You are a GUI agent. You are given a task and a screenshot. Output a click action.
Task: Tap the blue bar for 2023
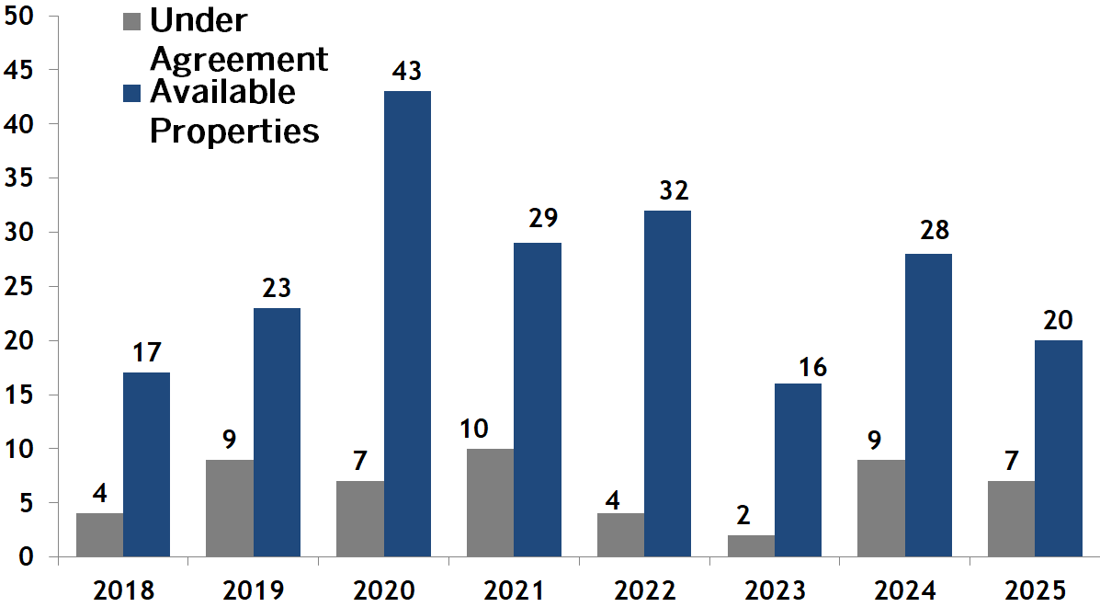tap(798, 470)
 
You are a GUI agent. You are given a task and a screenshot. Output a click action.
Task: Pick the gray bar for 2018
tap(99, 535)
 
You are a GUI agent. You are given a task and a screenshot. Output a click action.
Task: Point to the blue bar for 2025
tap(1058, 449)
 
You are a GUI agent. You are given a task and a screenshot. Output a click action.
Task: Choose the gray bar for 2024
tap(881, 509)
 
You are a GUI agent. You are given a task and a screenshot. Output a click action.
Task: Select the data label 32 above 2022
tap(674, 191)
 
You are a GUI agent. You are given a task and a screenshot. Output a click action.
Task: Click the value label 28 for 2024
tap(934, 230)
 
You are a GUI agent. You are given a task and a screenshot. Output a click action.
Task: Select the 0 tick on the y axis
tap(27, 557)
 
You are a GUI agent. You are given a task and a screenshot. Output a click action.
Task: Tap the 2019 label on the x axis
tap(254, 589)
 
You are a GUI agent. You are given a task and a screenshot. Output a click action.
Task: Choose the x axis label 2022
tap(644, 589)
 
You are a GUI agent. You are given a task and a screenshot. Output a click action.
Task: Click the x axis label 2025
tap(1035, 589)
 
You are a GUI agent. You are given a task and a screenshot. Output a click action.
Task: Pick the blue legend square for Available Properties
tap(131, 93)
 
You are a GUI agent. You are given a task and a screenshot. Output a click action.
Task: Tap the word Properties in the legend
tap(234, 131)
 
